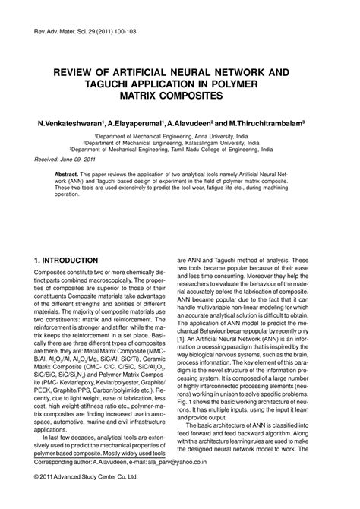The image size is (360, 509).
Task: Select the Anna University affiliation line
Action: pos(179,135)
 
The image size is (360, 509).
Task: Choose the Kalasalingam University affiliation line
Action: pos(179,142)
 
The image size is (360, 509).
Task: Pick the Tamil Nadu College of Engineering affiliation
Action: pos(179,149)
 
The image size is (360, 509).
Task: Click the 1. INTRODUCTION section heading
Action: pos(66,260)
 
